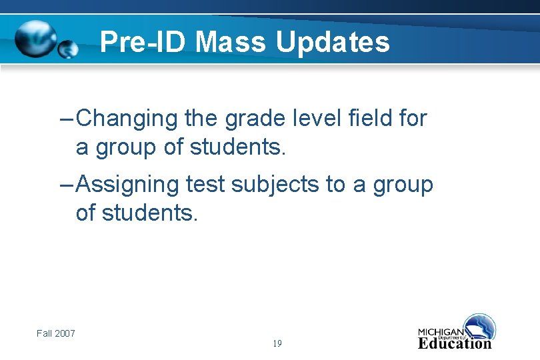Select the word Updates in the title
(333, 43)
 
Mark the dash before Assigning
(66, 185)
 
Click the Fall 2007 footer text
(56, 333)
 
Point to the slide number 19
(277, 344)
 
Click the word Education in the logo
(455, 344)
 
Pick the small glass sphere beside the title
(68, 49)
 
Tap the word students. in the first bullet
(237, 147)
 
